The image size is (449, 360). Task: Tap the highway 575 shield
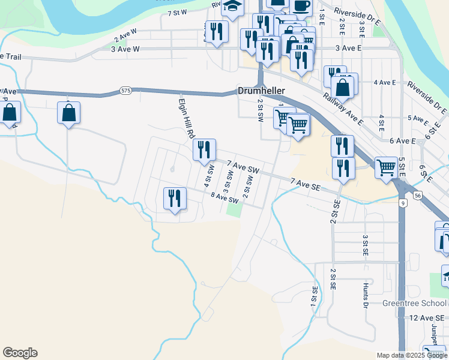[125, 91]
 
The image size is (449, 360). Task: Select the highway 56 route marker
[418, 194]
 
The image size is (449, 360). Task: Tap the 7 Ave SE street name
[307, 185]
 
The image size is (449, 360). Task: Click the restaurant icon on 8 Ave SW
[175, 198]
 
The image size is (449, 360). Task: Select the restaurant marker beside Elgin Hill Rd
[204, 150]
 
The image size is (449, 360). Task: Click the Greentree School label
[414, 303]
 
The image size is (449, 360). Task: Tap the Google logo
[20, 353]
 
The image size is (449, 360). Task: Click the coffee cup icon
[301, 6]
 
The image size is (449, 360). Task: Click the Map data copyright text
[412, 355]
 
